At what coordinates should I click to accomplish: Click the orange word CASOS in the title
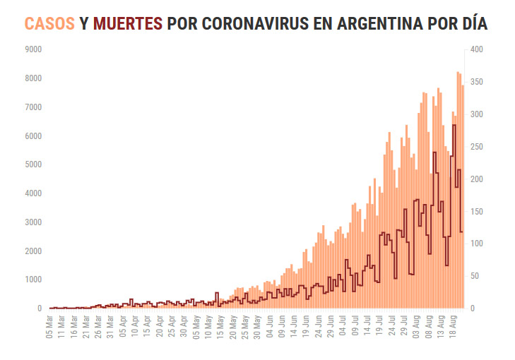49,23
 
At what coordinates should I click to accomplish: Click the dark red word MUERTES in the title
127,23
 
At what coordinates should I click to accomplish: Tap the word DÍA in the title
471,23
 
